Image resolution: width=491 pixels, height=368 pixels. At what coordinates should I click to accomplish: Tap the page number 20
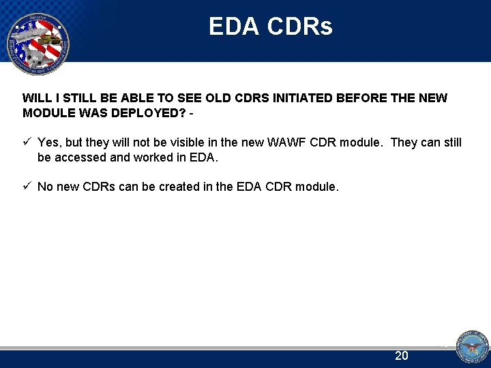click(402, 356)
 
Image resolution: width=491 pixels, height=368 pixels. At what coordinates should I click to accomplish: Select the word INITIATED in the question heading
click(302, 98)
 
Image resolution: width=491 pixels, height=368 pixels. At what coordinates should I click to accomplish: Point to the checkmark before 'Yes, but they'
click(27, 142)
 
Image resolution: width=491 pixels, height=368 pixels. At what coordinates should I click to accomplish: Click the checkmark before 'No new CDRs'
click(27, 186)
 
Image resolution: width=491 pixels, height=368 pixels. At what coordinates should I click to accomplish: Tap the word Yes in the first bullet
click(48, 142)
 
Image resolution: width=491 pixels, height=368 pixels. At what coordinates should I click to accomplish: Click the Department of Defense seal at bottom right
click(471, 348)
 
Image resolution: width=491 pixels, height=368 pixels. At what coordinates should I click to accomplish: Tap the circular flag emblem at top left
click(38, 42)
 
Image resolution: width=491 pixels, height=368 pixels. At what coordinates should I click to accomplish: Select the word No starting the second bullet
click(45, 186)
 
